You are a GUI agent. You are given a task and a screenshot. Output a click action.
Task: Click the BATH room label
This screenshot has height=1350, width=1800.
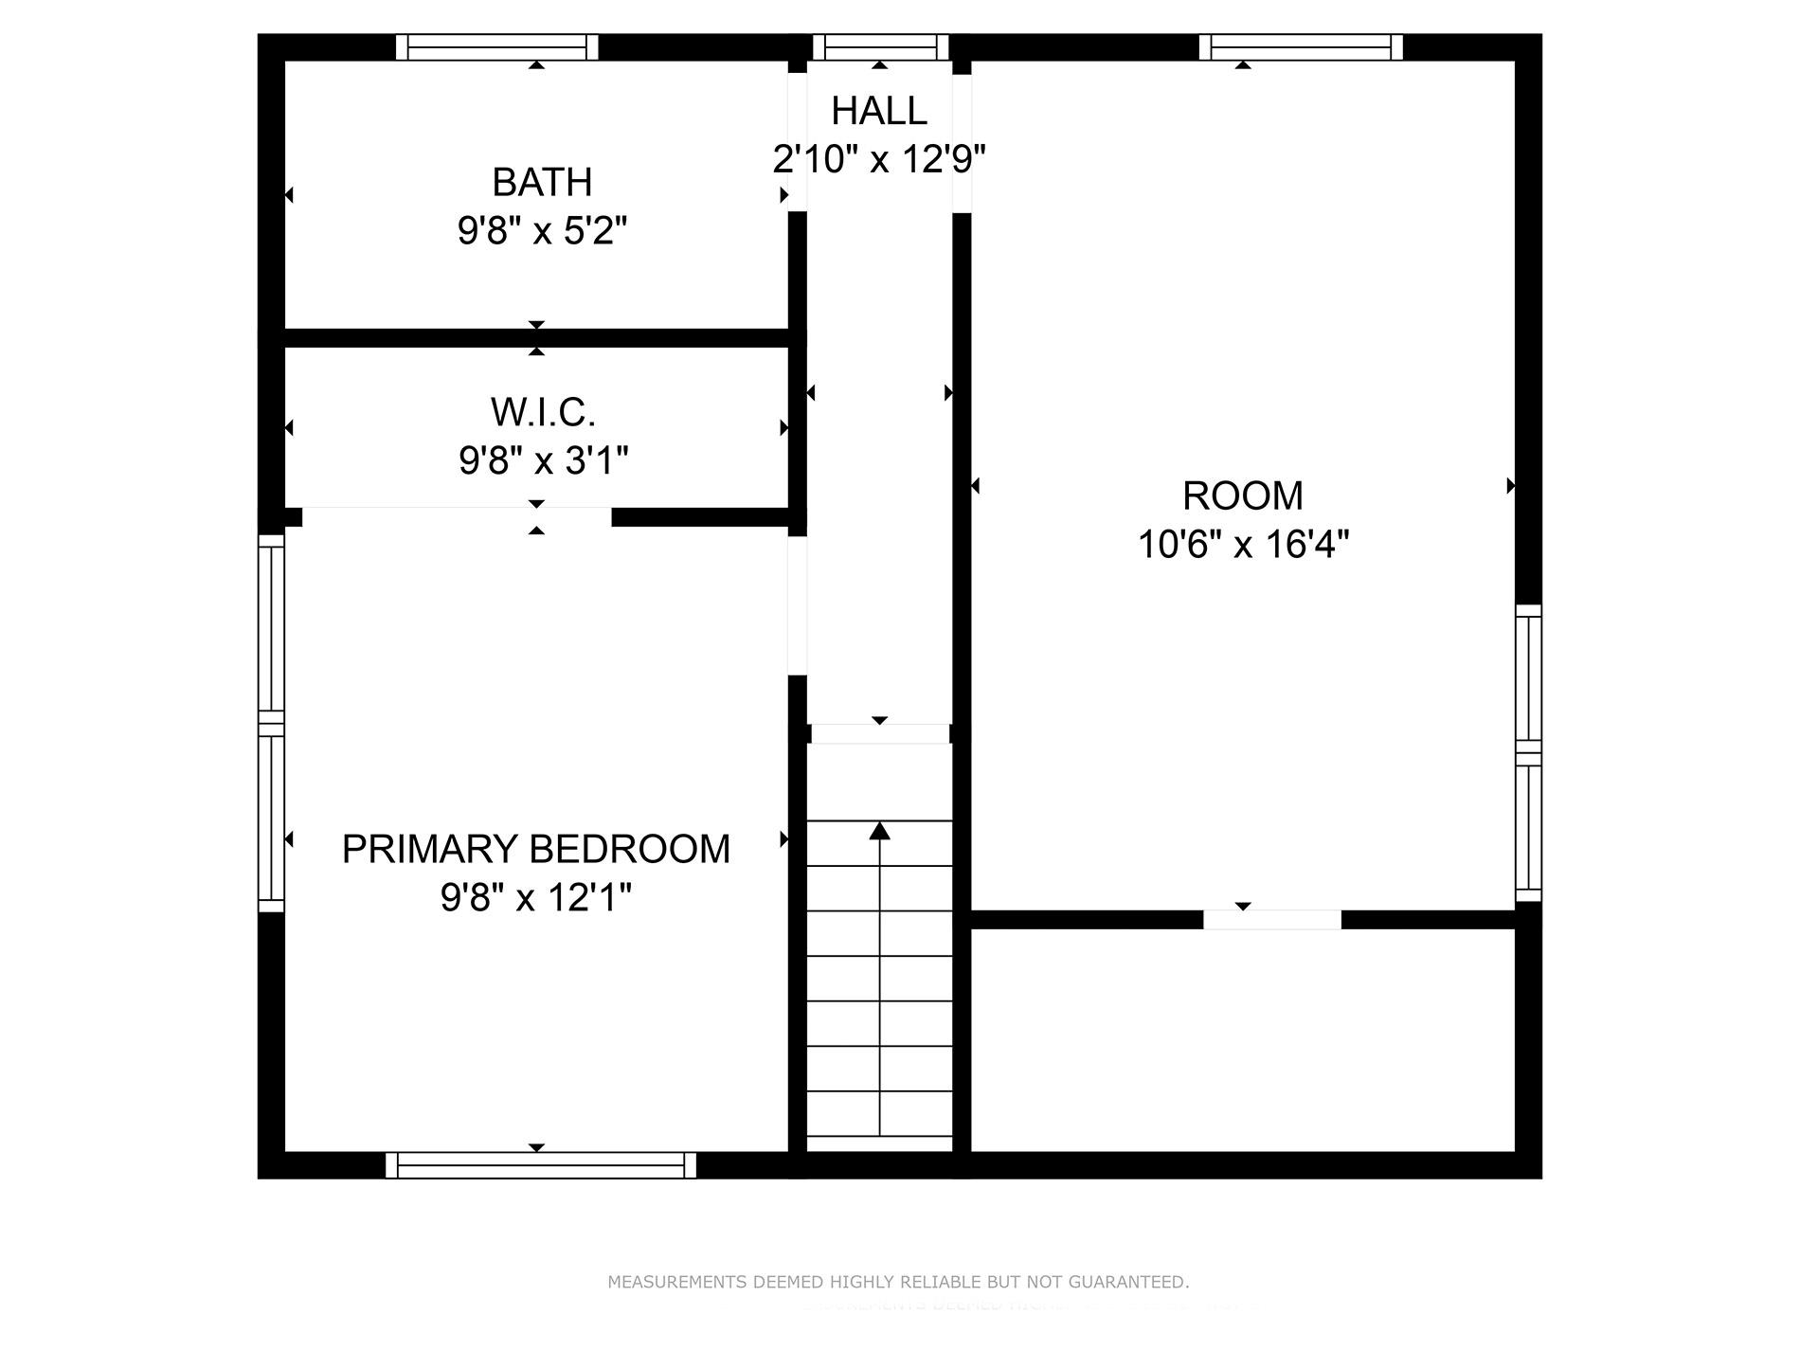pos(542,182)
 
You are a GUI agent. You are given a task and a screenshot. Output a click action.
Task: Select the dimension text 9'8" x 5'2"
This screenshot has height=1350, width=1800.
pos(542,231)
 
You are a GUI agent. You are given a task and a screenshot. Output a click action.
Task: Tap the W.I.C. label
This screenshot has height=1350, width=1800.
pos(543,412)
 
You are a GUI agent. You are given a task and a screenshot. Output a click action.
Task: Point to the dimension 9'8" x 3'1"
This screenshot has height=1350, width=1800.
pos(543,461)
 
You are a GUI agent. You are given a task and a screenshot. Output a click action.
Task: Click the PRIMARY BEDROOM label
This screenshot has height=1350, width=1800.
pos(536,849)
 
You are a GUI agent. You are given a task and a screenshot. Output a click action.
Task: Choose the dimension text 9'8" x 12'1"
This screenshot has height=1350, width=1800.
pos(536,897)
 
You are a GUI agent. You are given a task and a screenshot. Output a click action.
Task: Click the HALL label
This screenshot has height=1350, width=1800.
pos(878,112)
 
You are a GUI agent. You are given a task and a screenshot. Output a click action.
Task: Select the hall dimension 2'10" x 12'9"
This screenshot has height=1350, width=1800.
pos(878,159)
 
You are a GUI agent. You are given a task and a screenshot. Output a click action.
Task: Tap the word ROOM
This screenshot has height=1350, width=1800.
pos(1242,496)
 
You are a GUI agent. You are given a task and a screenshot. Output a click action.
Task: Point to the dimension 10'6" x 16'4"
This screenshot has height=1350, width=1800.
pos(1242,545)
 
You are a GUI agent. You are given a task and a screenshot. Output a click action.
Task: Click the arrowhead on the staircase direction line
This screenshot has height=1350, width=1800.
pos(880,832)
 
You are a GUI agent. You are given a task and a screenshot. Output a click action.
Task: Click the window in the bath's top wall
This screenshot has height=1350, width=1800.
pos(497,46)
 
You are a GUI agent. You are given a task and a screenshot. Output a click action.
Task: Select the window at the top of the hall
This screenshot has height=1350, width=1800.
pos(880,46)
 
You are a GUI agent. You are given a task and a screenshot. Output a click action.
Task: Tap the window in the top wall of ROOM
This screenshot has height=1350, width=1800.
pos(1300,46)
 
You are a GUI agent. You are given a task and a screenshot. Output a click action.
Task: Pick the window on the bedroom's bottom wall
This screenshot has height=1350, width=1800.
pos(540,1165)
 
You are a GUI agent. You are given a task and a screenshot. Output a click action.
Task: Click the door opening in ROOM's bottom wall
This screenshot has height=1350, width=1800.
pos(1271,920)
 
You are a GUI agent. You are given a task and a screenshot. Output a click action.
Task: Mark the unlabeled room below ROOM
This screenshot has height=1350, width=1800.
pos(1242,1040)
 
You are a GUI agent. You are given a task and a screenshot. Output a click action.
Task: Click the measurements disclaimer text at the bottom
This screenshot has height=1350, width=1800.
pos(897,1282)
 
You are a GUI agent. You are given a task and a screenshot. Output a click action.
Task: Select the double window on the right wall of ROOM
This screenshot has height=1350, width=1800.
pos(1528,753)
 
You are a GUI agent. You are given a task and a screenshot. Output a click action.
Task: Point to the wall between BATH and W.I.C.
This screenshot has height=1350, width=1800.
pos(536,338)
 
